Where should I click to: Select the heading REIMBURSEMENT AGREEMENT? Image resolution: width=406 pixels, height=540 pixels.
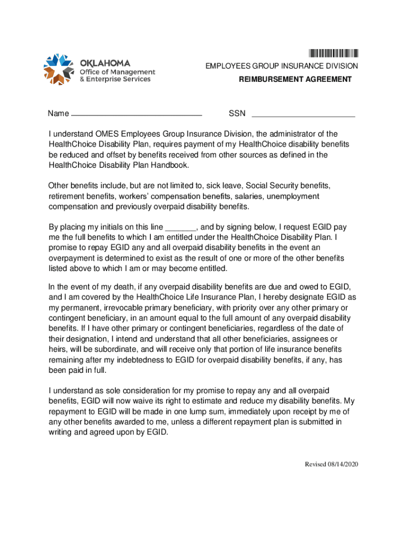[295, 79]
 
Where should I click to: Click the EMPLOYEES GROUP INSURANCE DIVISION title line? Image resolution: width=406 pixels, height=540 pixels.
[282, 66]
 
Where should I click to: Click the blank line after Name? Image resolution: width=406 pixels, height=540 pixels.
[137, 114]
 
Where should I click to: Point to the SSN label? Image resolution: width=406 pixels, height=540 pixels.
[237, 114]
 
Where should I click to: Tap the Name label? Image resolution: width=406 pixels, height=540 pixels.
[58, 114]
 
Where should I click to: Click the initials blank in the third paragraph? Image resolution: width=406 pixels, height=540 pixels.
[181, 228]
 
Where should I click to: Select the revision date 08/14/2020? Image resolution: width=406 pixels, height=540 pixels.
[342, 464]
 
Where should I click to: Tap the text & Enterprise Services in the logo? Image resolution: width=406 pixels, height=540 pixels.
[115, 80]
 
